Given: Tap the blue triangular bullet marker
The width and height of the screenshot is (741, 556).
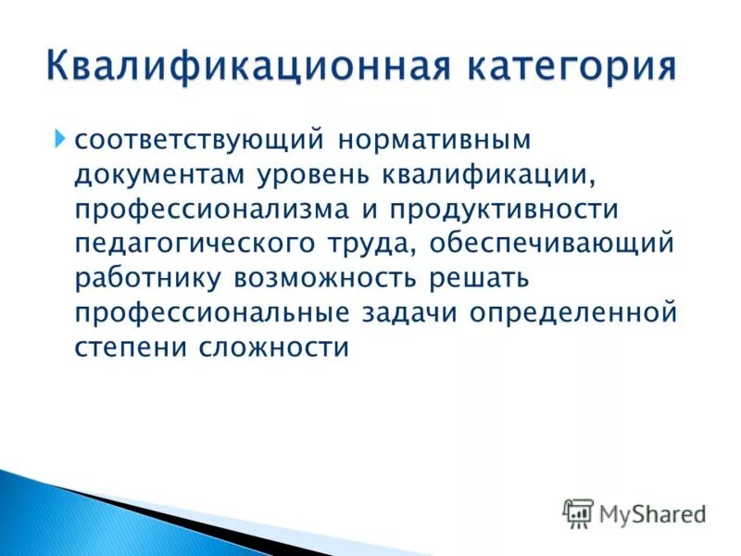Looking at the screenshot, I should (x=60, y=141).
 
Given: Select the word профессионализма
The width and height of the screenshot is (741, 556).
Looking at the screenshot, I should (x=209, y=210).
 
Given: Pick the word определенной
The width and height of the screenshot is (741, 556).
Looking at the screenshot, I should (x=574, y=313).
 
